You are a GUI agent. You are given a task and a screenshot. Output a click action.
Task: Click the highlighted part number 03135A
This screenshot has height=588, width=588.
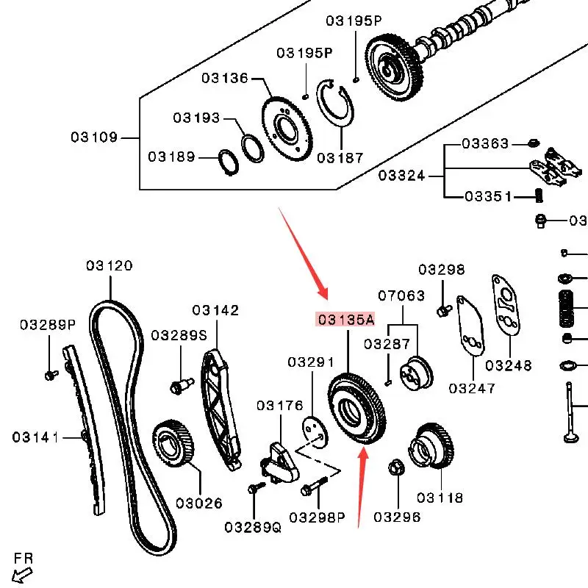click(x=345, y=319)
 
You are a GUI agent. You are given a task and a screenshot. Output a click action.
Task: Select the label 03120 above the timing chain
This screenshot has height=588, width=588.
click(x=109, y=265)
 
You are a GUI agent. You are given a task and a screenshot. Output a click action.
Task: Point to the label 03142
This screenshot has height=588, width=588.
click(x=215, y=310)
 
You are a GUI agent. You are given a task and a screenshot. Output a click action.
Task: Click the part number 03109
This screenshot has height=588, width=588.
click(x=94, y=137)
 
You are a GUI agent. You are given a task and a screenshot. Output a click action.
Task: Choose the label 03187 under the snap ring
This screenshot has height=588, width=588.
click(x=340, y=157)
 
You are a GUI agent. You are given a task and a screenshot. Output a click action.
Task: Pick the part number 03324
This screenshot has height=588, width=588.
click(x=401, y=176)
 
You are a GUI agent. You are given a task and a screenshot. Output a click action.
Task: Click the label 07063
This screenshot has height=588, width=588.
click(x=401, y=296)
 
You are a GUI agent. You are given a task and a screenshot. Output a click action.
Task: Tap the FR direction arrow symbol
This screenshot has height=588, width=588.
click(x=22, y=572)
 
